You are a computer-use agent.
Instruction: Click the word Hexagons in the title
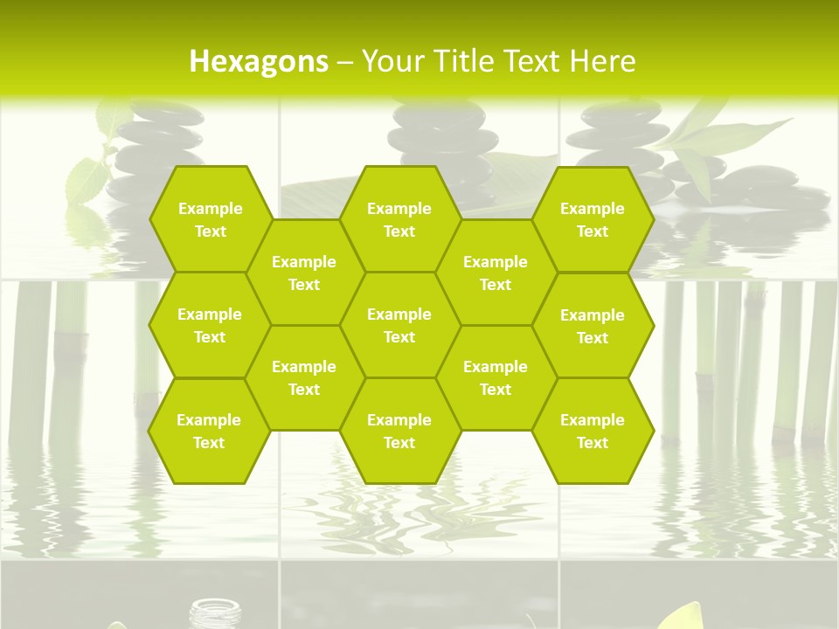(259, 61)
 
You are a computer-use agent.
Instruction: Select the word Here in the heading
(603, 61)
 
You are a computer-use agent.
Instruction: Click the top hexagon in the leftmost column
(210, 219)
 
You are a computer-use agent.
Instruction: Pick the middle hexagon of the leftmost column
(210, 325)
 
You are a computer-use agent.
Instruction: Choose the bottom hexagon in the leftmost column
(209, 431)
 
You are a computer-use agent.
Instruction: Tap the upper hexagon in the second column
(304, 273)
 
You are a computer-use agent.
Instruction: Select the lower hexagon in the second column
(304, 377)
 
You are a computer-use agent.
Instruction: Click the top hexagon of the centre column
(399, 219)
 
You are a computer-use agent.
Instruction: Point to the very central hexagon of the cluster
(399, 325)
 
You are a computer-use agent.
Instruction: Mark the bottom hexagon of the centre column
(399, 431)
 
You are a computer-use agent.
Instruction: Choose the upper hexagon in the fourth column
(496, 273)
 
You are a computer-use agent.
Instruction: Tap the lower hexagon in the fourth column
(496, 377)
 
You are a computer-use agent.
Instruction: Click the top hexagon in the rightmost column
(593, 219)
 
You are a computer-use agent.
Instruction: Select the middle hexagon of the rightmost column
(593, 326)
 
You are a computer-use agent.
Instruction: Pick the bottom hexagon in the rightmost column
(593, 431)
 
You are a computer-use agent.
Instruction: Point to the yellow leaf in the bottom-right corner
(687, 617)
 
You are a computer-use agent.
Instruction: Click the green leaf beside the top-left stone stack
(87, 178)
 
